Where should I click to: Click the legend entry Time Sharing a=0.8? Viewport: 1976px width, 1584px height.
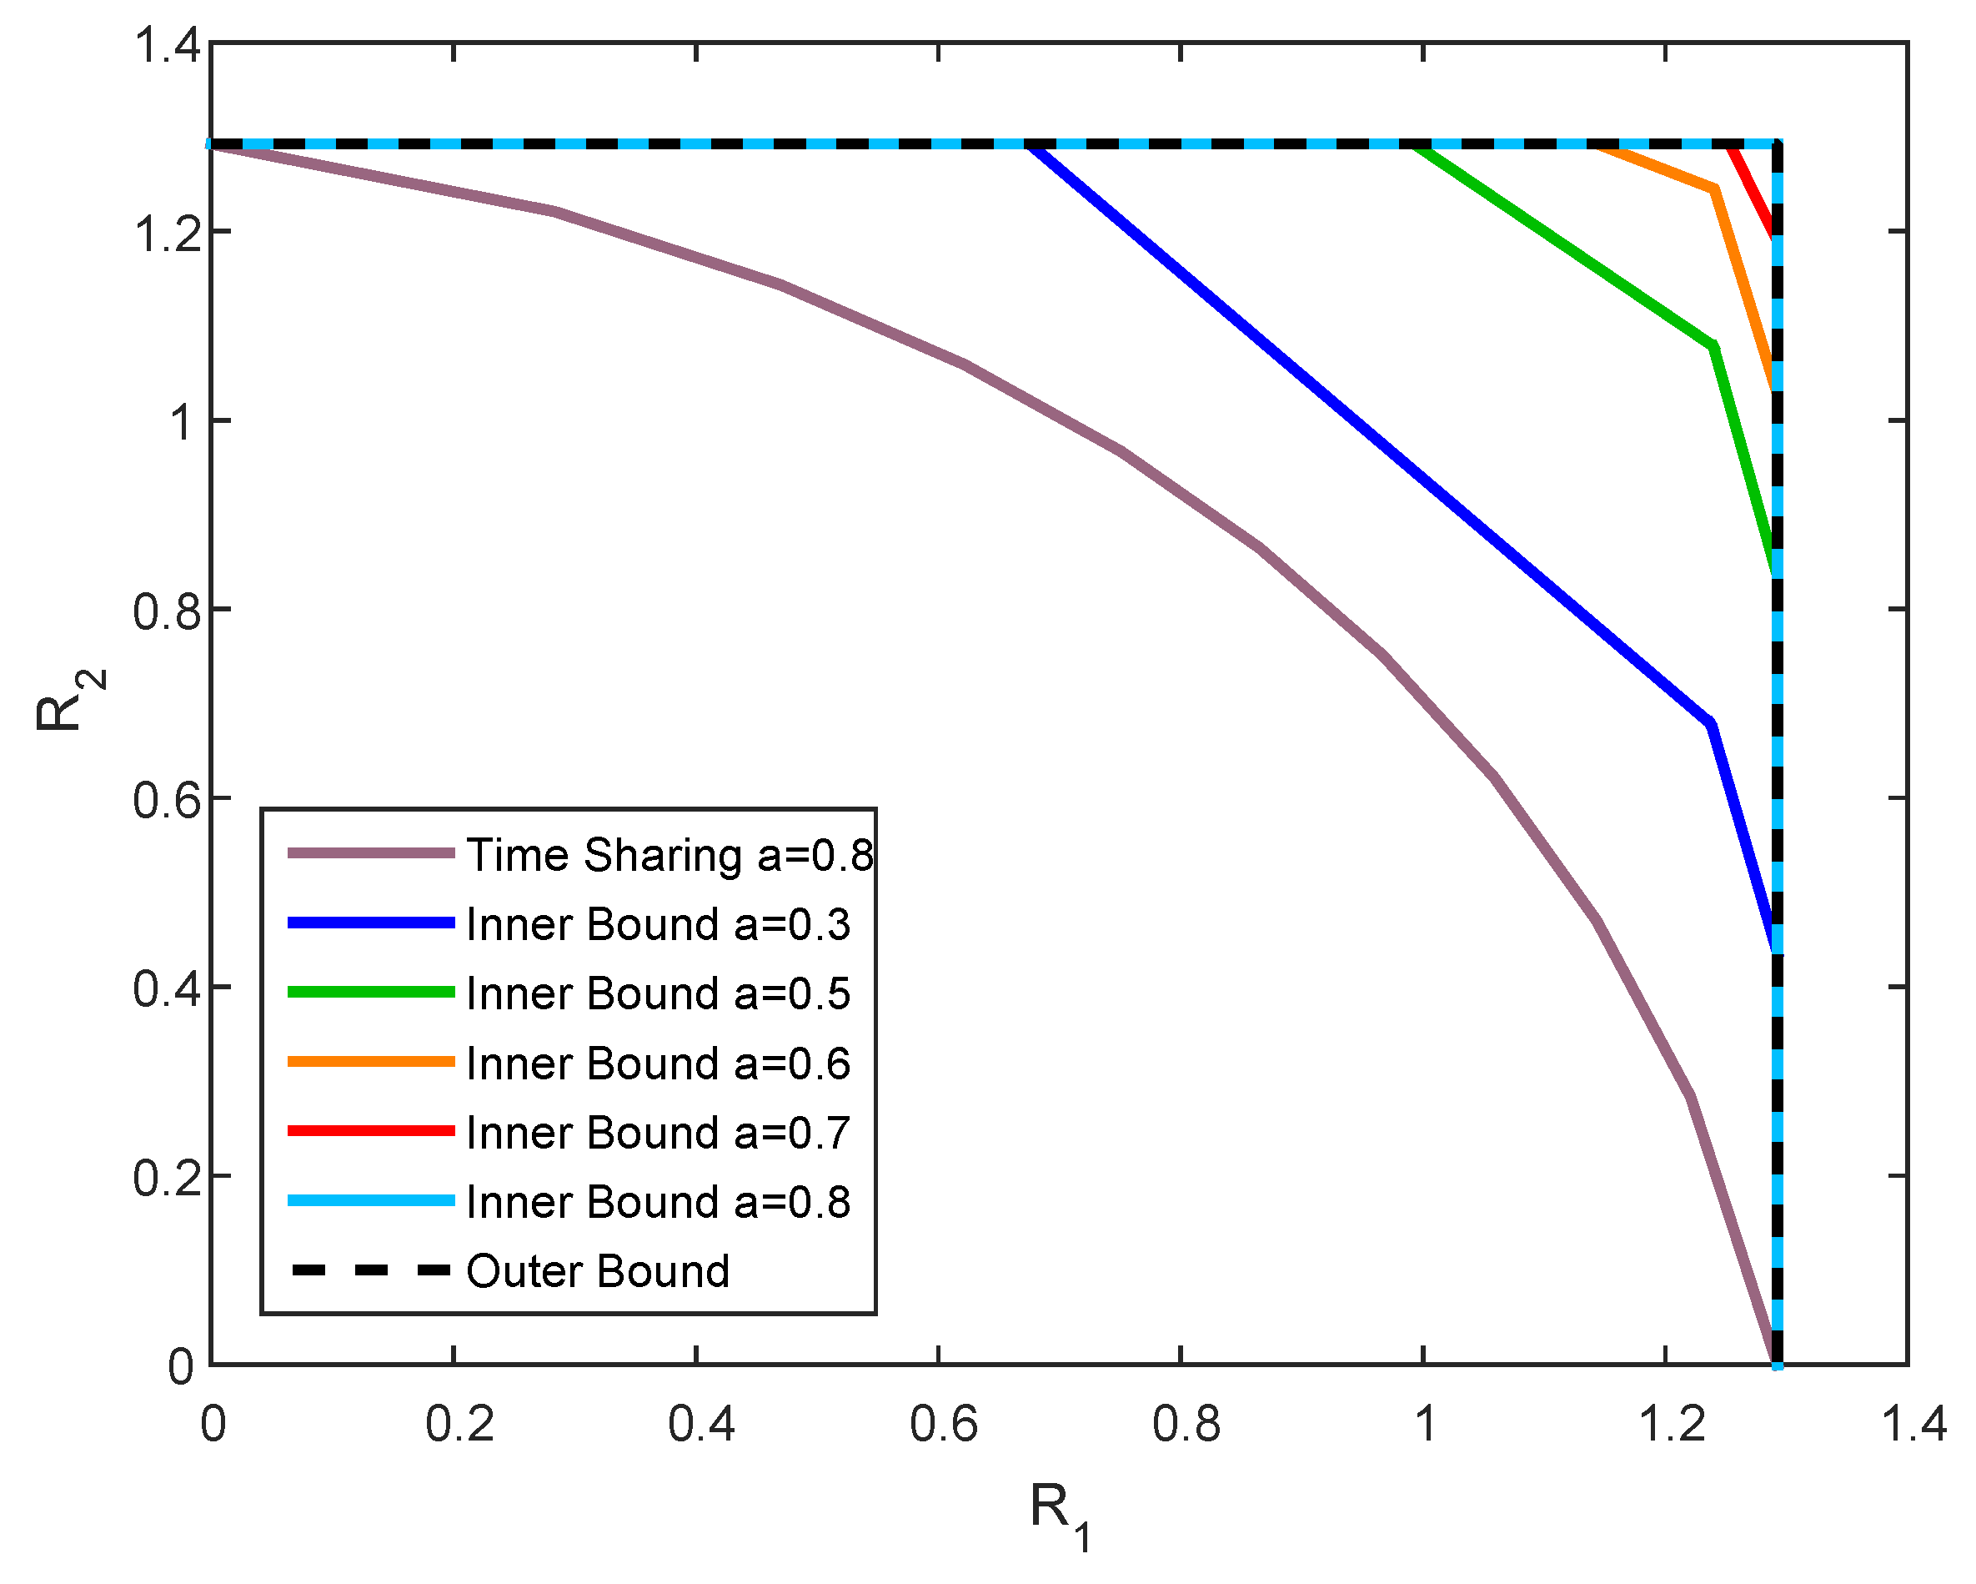pyautogui.click(x=669, y=855)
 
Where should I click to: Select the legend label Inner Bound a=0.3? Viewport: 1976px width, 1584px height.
pyautogui.click(x=658, y=925)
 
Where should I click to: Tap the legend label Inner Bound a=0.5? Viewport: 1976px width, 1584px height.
pyautogui.click(x=658, y=994)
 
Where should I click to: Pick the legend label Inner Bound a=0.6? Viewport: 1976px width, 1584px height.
pyautogui.click(x=658, y=1064)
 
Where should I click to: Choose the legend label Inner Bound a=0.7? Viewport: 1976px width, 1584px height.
pyautogui.click(x=658, y=1134)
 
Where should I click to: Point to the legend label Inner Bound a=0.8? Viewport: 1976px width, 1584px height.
pyautogui.click(x=658, y=1203)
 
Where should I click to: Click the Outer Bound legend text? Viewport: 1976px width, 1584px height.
pyautogui.click(x=598, y=1272)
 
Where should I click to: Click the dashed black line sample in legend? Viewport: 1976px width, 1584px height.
pyautogui.click(x=371, y=1270)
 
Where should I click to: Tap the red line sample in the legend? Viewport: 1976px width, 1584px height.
pyautogui.click(x=371, y=1131)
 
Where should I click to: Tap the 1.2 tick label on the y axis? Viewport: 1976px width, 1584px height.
pyautogui.click(x=167, y=233)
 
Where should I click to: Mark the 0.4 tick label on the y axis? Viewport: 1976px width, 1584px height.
pyautogui.click(x=167, y=990)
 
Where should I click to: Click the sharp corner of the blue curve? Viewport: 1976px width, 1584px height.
pyautogui.click(x=1710, y=725)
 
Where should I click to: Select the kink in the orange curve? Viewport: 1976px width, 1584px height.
pyautogui.click(x=1714, y=189)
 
